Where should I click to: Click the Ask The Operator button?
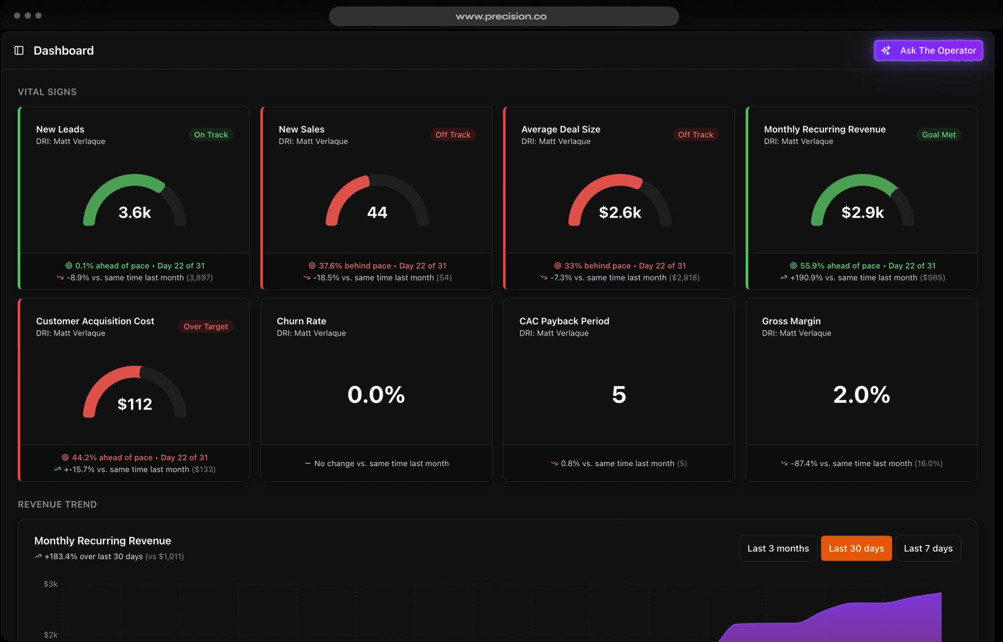[928, 50]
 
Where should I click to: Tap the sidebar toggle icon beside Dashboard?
[19, 50]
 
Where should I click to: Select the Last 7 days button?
[928, 548]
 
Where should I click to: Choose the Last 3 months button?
[778, 548]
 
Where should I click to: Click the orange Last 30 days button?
[856, 548]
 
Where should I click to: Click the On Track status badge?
[211, 135]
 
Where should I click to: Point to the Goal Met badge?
[938, 135]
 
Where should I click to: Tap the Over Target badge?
[206, 327]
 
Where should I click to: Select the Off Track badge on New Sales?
[453, 135]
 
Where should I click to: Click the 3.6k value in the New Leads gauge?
[135, 213]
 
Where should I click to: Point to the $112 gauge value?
[135, 404]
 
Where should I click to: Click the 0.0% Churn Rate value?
[376, 395]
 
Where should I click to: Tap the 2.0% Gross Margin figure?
[861, 395]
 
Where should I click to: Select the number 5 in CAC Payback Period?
[619, 395]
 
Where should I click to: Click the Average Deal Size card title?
[560, 129]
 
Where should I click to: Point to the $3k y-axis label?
[50, 584]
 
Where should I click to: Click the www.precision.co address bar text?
[501, 16]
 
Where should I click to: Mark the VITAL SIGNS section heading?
[47, 92]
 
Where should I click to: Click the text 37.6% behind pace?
[355, 265]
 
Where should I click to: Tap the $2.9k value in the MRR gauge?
[862, 213]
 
